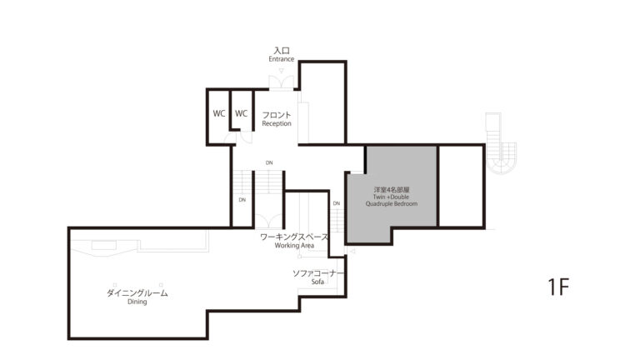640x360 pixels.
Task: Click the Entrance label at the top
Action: [281, 59]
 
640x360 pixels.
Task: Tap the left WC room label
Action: [219, 113]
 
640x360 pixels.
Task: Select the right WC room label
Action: [241, 113]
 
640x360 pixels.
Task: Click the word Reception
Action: [277, 123]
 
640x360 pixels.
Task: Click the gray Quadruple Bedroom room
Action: [392, 192]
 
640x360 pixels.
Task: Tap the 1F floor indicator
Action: [558, 287]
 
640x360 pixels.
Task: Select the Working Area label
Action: [294, 245]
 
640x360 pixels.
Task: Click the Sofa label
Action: [317, 282]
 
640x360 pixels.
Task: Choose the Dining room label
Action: [137, 302]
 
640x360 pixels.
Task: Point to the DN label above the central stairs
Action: [269, 162]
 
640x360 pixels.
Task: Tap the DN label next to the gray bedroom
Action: [337, 203]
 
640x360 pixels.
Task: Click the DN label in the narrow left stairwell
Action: [242, 200]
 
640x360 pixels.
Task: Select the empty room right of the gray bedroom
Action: [461, 186]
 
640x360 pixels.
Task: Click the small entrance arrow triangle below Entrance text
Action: [281, 71]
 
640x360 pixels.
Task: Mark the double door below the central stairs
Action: [269, 221]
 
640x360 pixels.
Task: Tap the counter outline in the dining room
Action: [139, 244]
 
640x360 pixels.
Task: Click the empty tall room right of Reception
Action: [322, 102]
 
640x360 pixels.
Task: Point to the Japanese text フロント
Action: [277, 115]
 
